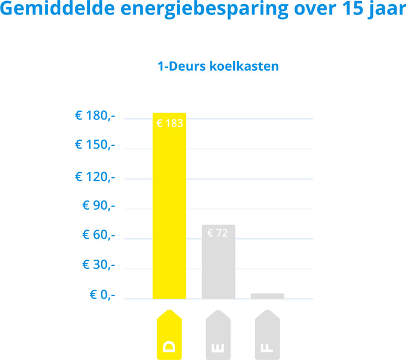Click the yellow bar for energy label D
[169, 209]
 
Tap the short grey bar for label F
[267, 296]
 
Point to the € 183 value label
[170, 123]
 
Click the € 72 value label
[218, 233]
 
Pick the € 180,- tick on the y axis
[95, 116]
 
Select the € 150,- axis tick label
[95, 145]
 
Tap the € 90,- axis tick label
[99, 206]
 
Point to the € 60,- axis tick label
[99, 235]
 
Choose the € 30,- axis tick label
[99, 265]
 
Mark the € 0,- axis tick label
[102, 295]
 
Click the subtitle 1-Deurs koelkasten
[218, 66]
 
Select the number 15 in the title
[341, 10]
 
